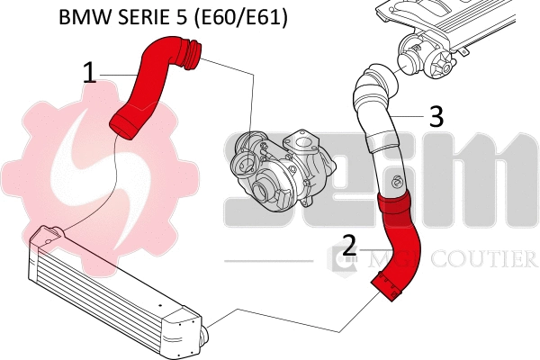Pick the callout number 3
436,116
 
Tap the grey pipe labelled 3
378,135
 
